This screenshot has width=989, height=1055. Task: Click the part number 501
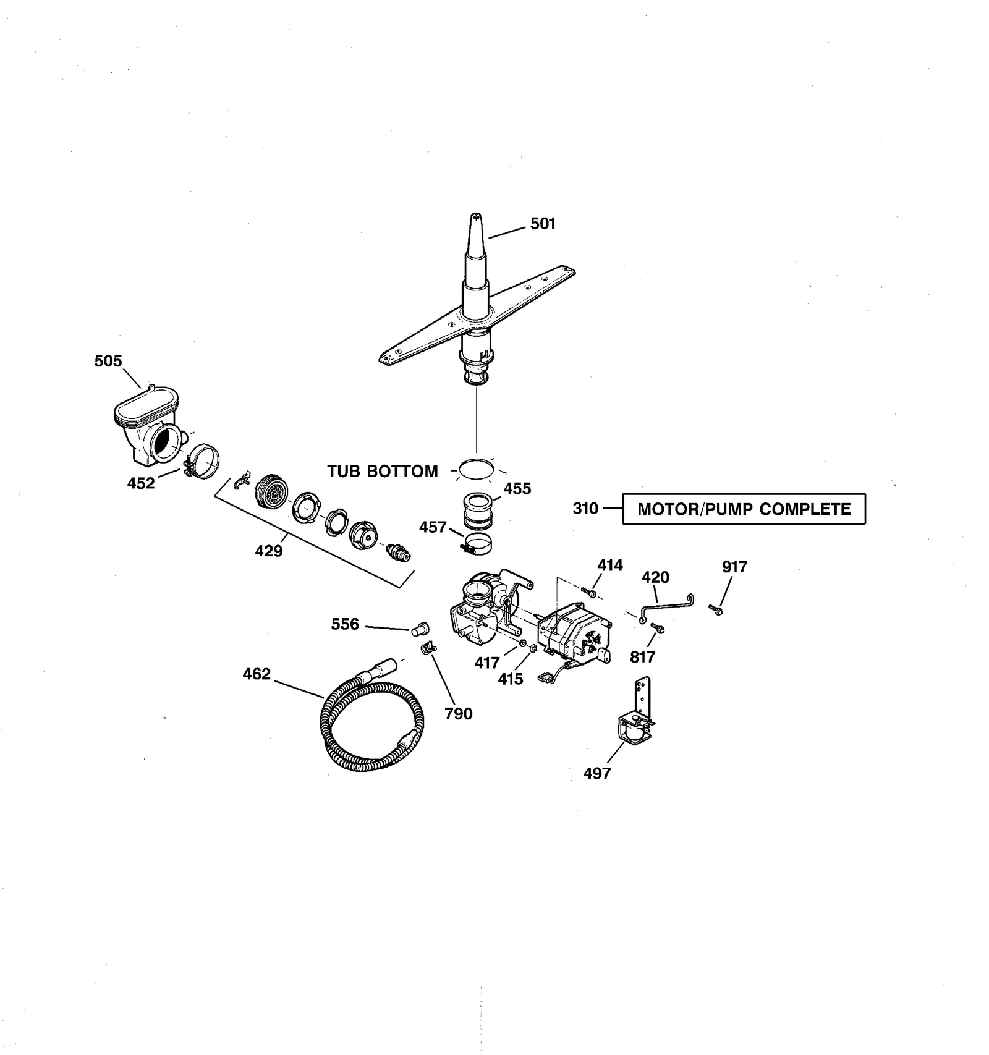543,224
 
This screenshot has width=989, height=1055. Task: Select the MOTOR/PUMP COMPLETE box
744,509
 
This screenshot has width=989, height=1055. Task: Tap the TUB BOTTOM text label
382,472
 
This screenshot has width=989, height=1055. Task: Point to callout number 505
108,361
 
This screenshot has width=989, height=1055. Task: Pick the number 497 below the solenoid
596,773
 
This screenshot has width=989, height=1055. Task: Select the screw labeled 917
716,610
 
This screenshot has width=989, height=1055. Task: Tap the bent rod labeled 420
667,604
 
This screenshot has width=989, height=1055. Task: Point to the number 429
269,550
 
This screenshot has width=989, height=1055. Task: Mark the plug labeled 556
419,629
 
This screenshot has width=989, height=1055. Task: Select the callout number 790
458,714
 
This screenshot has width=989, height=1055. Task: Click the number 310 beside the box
585,509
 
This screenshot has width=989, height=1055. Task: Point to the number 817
642,657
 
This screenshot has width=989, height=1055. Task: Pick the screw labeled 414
590,594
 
